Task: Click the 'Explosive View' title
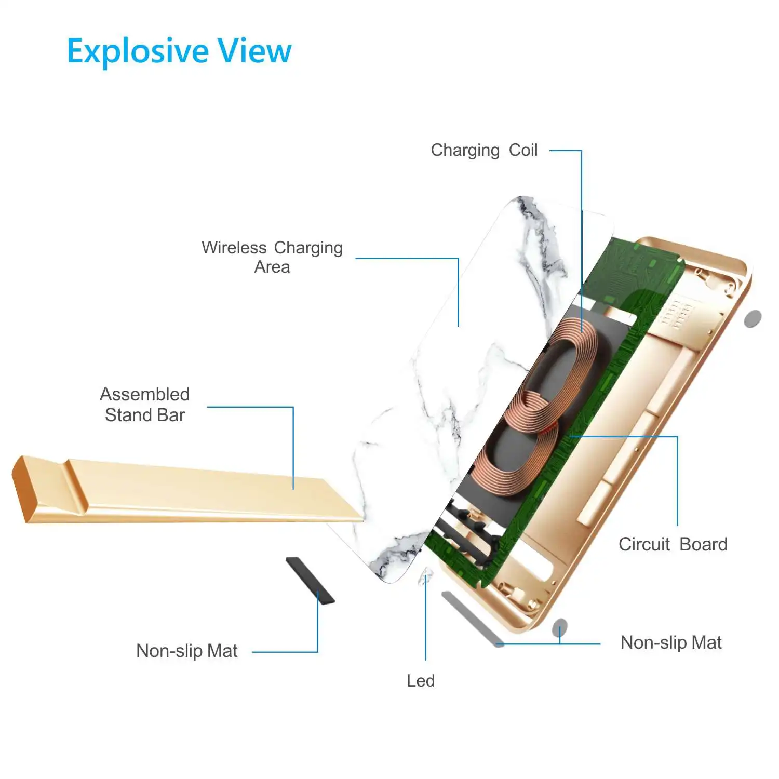179,51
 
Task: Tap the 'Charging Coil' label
484,150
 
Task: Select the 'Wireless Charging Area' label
272,257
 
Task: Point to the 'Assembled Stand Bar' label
145,405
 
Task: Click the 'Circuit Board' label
673,544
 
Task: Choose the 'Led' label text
421,680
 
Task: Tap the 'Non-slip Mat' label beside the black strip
187,651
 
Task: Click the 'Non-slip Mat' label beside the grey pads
671,642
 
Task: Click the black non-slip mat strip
310,580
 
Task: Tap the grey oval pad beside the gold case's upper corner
753,318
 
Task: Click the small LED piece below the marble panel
426,575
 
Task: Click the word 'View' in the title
254,51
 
